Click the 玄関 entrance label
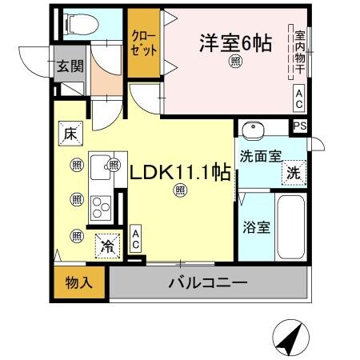tap(70, 66)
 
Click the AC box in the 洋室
tap(298, 99)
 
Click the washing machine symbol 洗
tap(294, 171)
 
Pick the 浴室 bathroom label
tap(256, 226)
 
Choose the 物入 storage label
tap(79, 282)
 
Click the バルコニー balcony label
tap(207, 282)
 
